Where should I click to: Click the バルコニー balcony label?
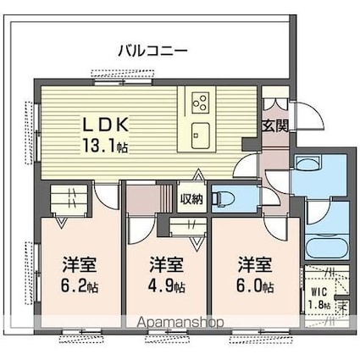[x=152, y=51]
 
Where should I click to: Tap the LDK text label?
[x=105, y=125]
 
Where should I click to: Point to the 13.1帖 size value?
[x=105, y=146]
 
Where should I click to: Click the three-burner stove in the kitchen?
[x=200, y=102]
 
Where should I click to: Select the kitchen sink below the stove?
[x=200, y=136]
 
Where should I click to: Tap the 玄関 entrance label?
[x=275, y=126]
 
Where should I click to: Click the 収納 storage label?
[x=191, y=199]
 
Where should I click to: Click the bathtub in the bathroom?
[x=327, y=247]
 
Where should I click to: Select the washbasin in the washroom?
[x=307, y=163]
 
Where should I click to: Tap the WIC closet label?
[x=319, y=291]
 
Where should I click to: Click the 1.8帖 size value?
[x=319, y=304]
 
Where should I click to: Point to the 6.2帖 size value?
[x=79, y=286]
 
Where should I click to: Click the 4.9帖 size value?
[x=167, y=286]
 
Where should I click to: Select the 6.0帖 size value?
[x=255, y=286]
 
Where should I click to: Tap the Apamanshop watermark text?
[x=180, y=322]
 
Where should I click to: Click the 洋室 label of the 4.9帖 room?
[x=167, y=264]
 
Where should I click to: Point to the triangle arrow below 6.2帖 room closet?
[x=62, y=222]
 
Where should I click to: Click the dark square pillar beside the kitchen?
[x=250, y=145]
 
